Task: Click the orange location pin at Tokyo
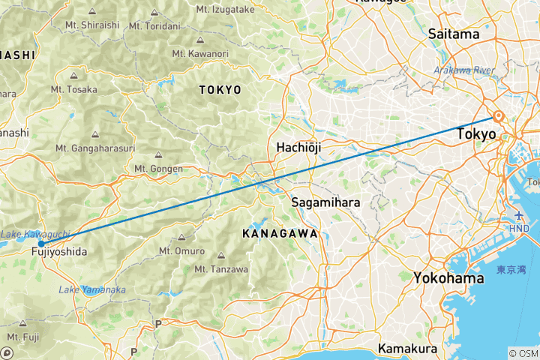(497, 116)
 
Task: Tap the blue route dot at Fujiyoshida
(41, 244)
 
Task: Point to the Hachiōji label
(298, 148)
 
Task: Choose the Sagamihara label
(325, 203)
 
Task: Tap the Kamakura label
(407, 349)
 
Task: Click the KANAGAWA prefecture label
(279, 234)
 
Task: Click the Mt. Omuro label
(181, 250)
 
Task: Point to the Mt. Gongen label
(157, 169)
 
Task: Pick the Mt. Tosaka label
(74, 89)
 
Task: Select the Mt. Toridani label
(154, 25)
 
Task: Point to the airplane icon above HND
(517, 216)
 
